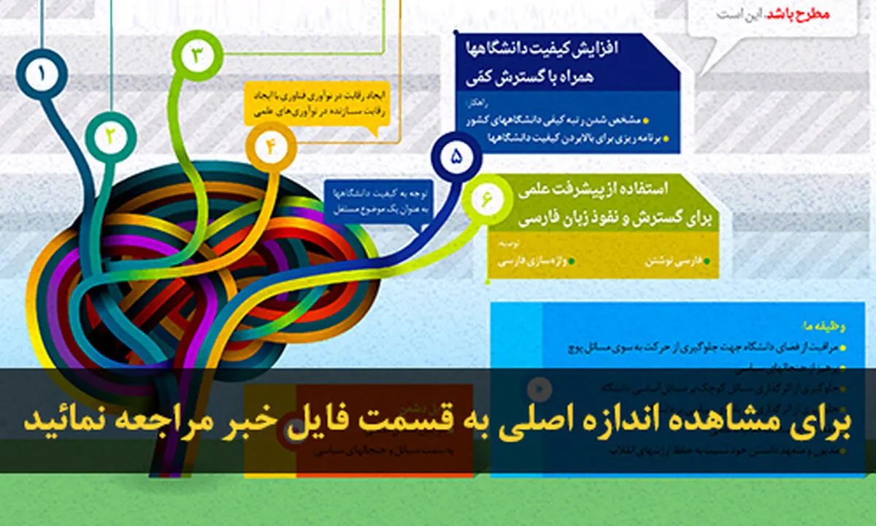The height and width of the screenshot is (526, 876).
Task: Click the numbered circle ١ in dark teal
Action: [42, 74]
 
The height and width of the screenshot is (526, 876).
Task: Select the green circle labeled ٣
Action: [197, 55]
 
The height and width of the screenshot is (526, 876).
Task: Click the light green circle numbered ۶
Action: [487, 198]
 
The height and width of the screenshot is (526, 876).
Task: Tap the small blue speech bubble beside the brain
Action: [380, 202]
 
